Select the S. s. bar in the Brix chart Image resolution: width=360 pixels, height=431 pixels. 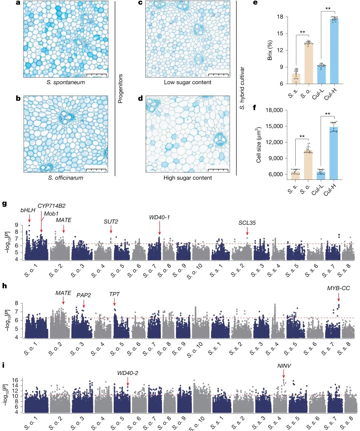point(296,79)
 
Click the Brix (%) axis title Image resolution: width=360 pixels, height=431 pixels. point(270,50)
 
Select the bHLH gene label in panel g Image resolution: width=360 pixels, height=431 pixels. point(28,210)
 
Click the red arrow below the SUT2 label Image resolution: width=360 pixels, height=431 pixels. point(111,229)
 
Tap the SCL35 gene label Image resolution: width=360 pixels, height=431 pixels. point(247,223)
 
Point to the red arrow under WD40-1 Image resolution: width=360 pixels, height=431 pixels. point(159,228)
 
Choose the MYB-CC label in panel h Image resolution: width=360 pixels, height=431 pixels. point(338,288)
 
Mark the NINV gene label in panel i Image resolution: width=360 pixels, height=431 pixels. point(284,366)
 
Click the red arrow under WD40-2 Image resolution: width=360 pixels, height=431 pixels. point(128,381)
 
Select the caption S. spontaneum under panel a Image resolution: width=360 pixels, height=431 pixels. point(66,82)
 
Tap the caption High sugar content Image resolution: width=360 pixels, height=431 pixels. point(188,178)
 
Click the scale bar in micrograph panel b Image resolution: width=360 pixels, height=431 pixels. point(96,170)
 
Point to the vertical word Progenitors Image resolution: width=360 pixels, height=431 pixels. point(120,88)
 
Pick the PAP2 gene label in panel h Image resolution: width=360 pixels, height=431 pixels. point(84,295)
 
